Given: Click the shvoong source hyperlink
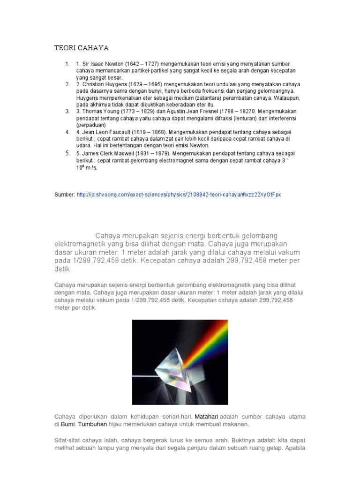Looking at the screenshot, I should (178, 194).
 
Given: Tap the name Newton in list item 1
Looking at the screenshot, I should (114, 64).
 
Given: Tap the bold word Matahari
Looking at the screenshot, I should (206, 416).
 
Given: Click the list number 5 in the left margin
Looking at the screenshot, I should (67, 153).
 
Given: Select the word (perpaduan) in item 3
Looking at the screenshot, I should (91, 125).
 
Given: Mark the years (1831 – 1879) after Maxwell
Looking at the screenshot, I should (156, 153).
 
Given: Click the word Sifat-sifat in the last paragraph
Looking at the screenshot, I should (68, 441).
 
